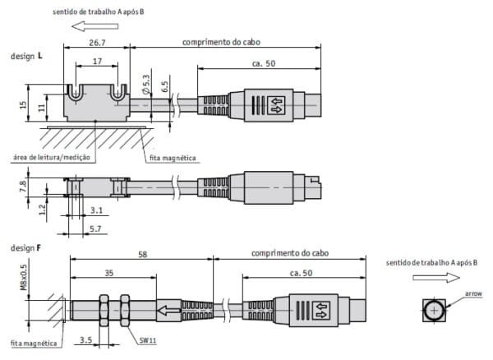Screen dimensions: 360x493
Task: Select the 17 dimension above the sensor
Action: [x=98, y=61]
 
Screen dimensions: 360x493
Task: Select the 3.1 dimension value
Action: [x=97, y=210]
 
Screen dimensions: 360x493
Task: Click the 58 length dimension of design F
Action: [x=142, y=256]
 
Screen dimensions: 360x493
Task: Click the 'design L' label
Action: [x=26, y=58]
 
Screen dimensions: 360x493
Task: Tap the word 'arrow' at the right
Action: [x=473, y=293]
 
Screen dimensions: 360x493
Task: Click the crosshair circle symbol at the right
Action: [x=434, y=310]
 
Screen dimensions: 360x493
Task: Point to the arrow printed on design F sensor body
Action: [x=169, y=311]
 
